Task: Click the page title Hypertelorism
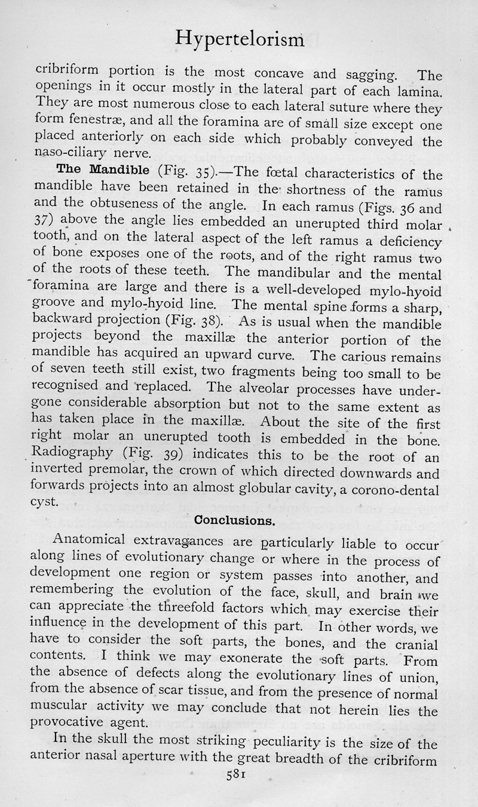point(241,41)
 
